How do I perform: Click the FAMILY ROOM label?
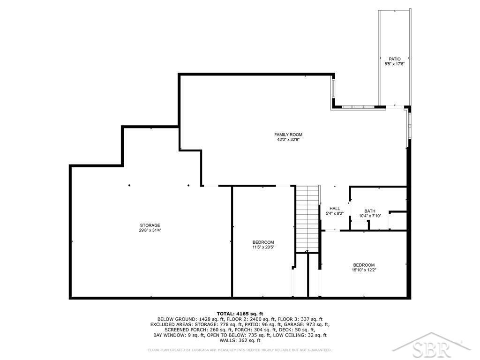click(288, 135)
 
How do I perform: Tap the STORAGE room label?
click(150, 225)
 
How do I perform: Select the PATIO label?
click(395, 59)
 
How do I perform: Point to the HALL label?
click(335, 209)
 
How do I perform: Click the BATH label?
click(370, 211)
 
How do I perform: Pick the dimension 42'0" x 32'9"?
click(288, 140)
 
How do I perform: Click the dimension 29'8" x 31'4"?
click(150, 230)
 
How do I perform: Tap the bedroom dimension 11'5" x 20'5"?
click(263, 247)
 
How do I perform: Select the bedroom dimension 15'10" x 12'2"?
click(364, 270)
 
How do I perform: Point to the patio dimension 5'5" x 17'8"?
click(395, 64)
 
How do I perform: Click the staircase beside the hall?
click(307, 218)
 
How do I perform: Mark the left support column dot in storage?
click(129, 186)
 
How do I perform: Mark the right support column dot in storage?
click(188, 186)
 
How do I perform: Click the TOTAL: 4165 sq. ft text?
click(240, 314)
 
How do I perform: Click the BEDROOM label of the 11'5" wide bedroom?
click(263, 242)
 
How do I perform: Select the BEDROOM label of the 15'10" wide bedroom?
click(364, 265)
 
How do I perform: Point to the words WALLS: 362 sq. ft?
click(240, 340)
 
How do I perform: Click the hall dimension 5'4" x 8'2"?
click(335, 213)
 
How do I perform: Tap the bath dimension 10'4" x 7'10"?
click(370, 216)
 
